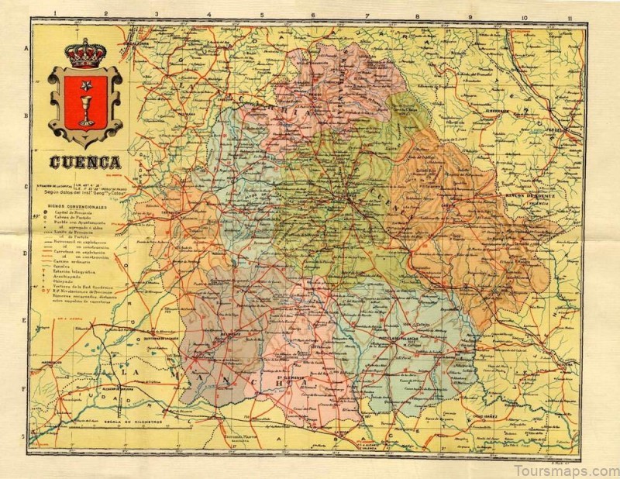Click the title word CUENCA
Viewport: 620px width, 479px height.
[x=85, y=163]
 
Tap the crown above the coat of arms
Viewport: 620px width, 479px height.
[x=85, y=53]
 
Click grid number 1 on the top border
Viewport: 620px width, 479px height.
[x=56, y=14]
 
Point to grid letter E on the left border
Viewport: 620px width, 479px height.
[x=26, y=319]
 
